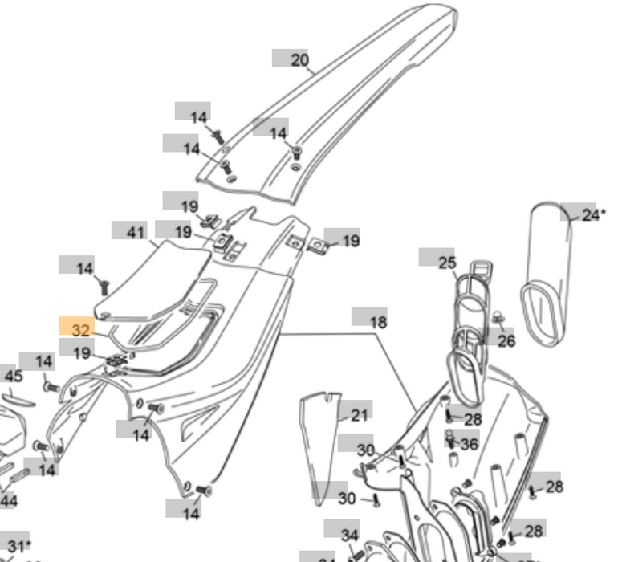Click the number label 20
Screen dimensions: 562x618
tap(299, 60)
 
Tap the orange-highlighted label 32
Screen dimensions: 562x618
tap(81, 329)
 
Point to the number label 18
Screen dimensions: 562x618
tap(377, 322)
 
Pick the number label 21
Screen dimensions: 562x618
tap(359, 414)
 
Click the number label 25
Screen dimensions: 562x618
tap(446, 262)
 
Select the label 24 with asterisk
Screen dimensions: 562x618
tap(592, 215)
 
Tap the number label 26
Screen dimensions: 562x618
tap(506, 342)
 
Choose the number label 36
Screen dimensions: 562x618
tap(469, 444)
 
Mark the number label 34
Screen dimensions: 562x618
tap(350, 535)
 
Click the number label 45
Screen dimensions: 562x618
tap(14, 376)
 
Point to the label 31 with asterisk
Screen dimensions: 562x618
tap(18, 546)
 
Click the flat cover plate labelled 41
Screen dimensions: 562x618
tap(152, 281)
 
